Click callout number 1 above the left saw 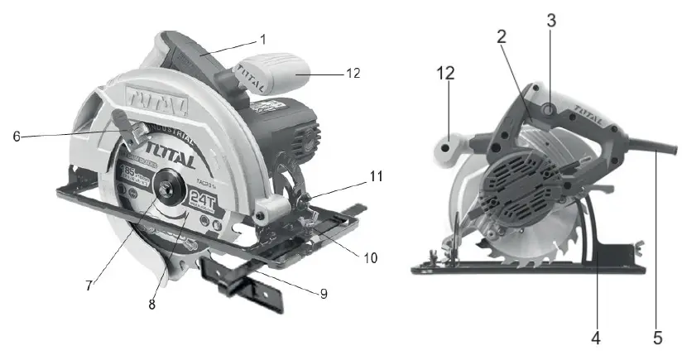262,40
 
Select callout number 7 89,286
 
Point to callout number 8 151,304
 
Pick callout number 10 370,258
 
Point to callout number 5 658,337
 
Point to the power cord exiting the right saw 658,148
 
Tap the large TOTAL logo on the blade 170,156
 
